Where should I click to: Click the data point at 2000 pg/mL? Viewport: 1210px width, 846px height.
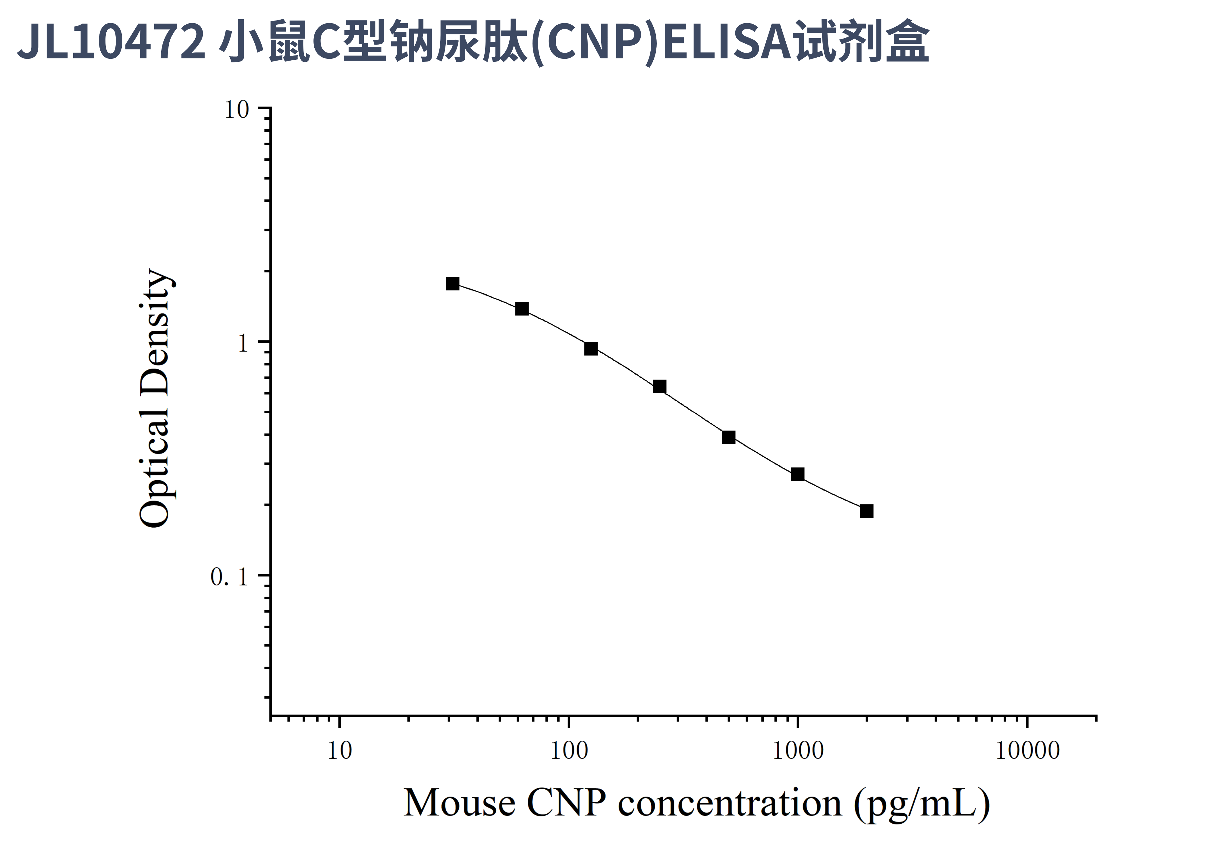tap(866, 511)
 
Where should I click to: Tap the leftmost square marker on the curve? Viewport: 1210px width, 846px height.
tap(452, 284)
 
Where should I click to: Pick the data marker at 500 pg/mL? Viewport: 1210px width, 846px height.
tap(728, 437)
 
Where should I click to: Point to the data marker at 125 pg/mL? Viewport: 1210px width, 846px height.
tap(591, 349)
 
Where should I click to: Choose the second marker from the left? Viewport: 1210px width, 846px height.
tap(522, 308)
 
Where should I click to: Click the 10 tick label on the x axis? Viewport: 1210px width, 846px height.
tap(339, 751)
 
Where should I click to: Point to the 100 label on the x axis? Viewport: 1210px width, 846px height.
tap(569, 751)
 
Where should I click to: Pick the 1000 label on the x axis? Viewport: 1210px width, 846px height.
tap(798, 751)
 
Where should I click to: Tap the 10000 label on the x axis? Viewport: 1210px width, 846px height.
tap(1027, 751)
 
